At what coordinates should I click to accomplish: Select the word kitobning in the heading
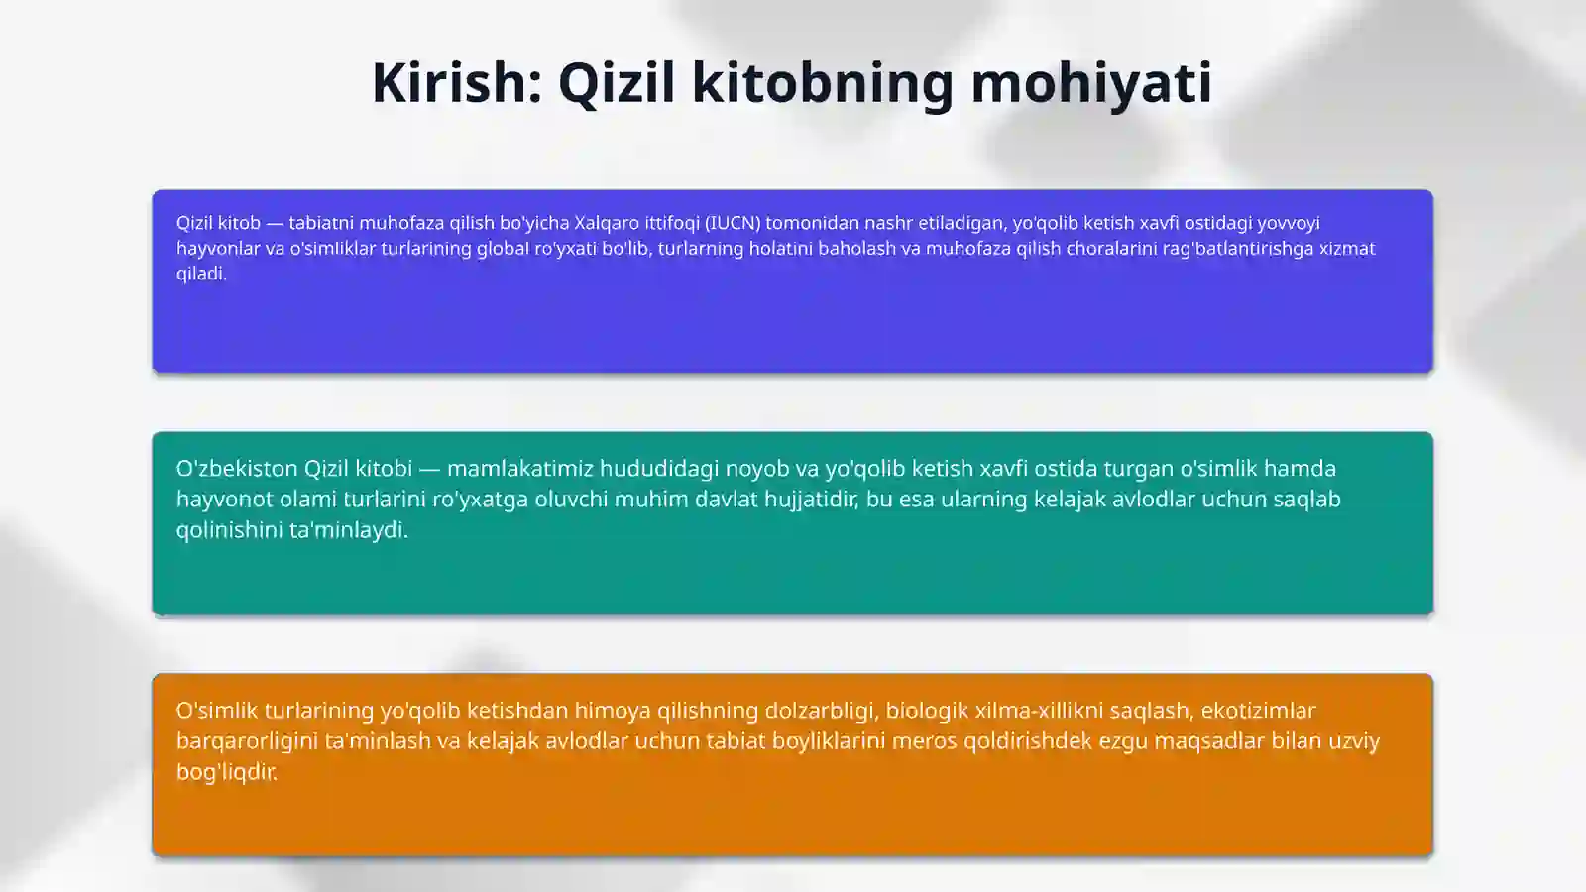823,82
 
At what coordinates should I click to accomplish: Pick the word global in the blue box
503,248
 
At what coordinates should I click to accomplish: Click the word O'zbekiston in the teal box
237,468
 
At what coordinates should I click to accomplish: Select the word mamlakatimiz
519,468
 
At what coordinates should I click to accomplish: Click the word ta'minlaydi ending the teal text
348,529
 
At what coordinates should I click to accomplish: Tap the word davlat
727,499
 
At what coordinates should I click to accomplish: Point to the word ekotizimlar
1258,710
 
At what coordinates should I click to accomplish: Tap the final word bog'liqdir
227,771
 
